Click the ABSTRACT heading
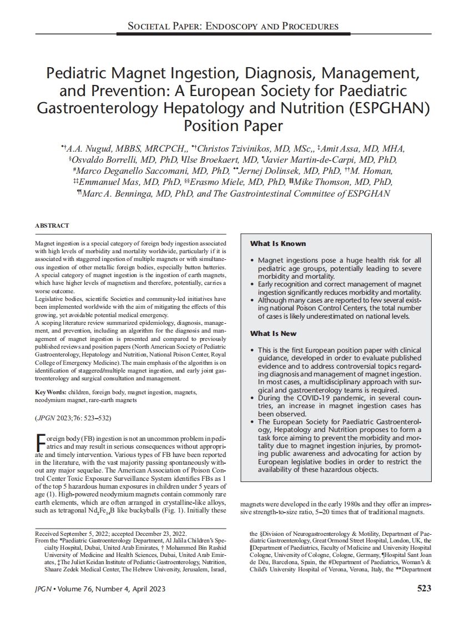(x=52, y=226)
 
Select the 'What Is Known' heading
(x=277, y=244)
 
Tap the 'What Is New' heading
(x=273, y=334)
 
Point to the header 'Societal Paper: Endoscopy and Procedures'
(x=232, y=26)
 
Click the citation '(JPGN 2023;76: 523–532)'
(x=76, y=418)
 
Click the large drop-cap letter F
(x=39, y=443)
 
